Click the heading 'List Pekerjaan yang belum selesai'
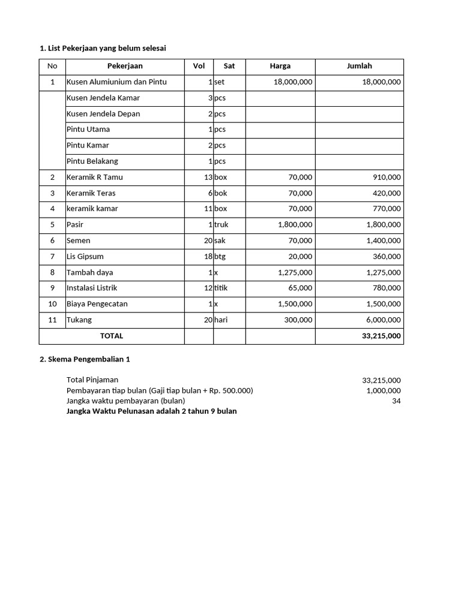102,48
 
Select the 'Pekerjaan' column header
125,67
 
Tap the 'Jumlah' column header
359,67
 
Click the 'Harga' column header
280,67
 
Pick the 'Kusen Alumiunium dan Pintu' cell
116,82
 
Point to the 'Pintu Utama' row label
88,130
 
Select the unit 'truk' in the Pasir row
222,225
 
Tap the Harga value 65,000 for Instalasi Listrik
297,288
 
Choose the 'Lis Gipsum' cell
85,257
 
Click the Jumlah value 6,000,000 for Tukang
381,320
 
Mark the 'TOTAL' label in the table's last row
112,336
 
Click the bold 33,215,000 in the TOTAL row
381,336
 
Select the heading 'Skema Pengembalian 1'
85,360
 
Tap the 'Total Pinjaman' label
92,380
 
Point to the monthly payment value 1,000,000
384,391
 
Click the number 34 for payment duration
396,401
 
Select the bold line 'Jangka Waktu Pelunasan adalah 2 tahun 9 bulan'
151,411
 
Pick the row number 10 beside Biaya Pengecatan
52,304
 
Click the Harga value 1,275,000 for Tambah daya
295,272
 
